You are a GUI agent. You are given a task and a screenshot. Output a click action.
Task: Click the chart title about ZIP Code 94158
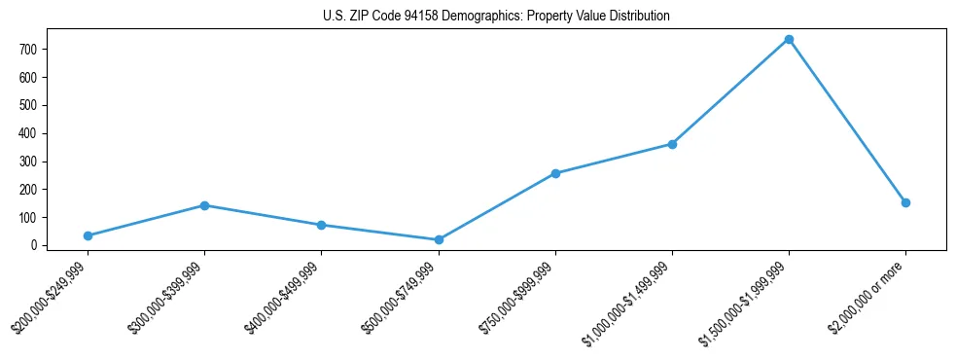pos(496,17)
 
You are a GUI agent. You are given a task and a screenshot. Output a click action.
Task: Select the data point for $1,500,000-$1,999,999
pos(789,40)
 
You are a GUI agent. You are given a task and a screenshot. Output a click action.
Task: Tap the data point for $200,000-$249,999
pos(88,235)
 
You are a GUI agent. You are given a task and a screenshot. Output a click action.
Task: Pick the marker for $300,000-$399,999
pos(204,205)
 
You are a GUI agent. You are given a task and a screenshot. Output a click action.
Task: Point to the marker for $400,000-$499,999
pos(321,225)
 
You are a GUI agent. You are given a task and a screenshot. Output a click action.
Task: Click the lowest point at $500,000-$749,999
pos(439,239)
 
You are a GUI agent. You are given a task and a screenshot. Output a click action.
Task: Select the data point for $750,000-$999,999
pos(555,173)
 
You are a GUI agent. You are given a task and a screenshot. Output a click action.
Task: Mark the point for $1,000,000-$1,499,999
pos(672,144)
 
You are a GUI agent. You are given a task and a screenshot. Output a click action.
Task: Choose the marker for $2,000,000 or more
pos(905,202)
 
